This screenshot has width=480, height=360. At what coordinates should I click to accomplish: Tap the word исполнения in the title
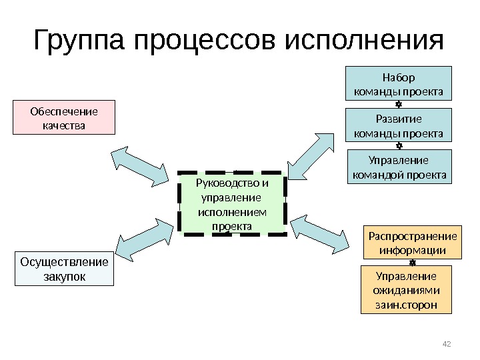click(x=363, y=41)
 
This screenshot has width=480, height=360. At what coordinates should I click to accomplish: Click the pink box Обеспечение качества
click(x=64, y=117)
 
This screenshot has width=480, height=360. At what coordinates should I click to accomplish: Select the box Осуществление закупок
click(x=64, y=269)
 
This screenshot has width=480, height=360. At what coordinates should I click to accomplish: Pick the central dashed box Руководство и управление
click(x=231, y=203)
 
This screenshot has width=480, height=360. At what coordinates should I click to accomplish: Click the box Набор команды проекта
click(x=398, y=83)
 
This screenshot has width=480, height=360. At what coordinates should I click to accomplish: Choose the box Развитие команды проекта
click(x=398, y=125)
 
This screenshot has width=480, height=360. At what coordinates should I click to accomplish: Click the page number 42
click(x=447, y=344)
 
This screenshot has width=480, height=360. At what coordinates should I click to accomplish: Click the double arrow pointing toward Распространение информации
click(x=320, y=233)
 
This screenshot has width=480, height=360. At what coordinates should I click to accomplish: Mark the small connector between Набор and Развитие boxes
click(x=398, y=104)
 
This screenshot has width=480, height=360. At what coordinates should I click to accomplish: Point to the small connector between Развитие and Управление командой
click(x=398, y=145)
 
